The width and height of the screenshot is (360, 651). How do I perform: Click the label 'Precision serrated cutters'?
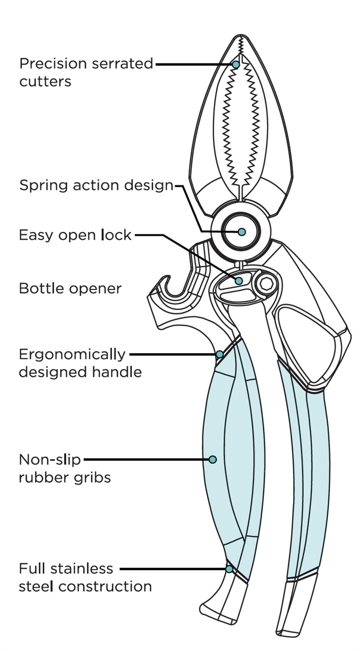click(x=86, y=72)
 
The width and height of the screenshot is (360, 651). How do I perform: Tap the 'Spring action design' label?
click(x=96, y=185)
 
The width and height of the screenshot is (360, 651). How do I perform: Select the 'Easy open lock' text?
click(x=75, y=235)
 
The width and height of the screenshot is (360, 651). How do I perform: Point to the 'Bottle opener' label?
click(x=70, y=289)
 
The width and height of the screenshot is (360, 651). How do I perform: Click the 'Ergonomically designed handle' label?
click(x=80, y=363)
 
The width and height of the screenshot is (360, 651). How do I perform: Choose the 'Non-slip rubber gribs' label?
click(x=65, y=468)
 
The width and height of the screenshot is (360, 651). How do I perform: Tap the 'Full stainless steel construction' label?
click(x=85, y=578)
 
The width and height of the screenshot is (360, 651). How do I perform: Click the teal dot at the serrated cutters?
click(x=236, y=64)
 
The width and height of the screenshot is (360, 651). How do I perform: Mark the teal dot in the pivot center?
click(x=242, y=232)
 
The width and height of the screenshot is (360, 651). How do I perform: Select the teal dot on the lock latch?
click(x=238, y=281)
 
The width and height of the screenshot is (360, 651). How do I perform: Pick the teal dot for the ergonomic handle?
click(x=220, y=354)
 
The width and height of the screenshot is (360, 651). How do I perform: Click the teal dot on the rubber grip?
click(x=213, y=459)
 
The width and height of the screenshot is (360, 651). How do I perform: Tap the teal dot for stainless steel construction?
click(x=229, y=569)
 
